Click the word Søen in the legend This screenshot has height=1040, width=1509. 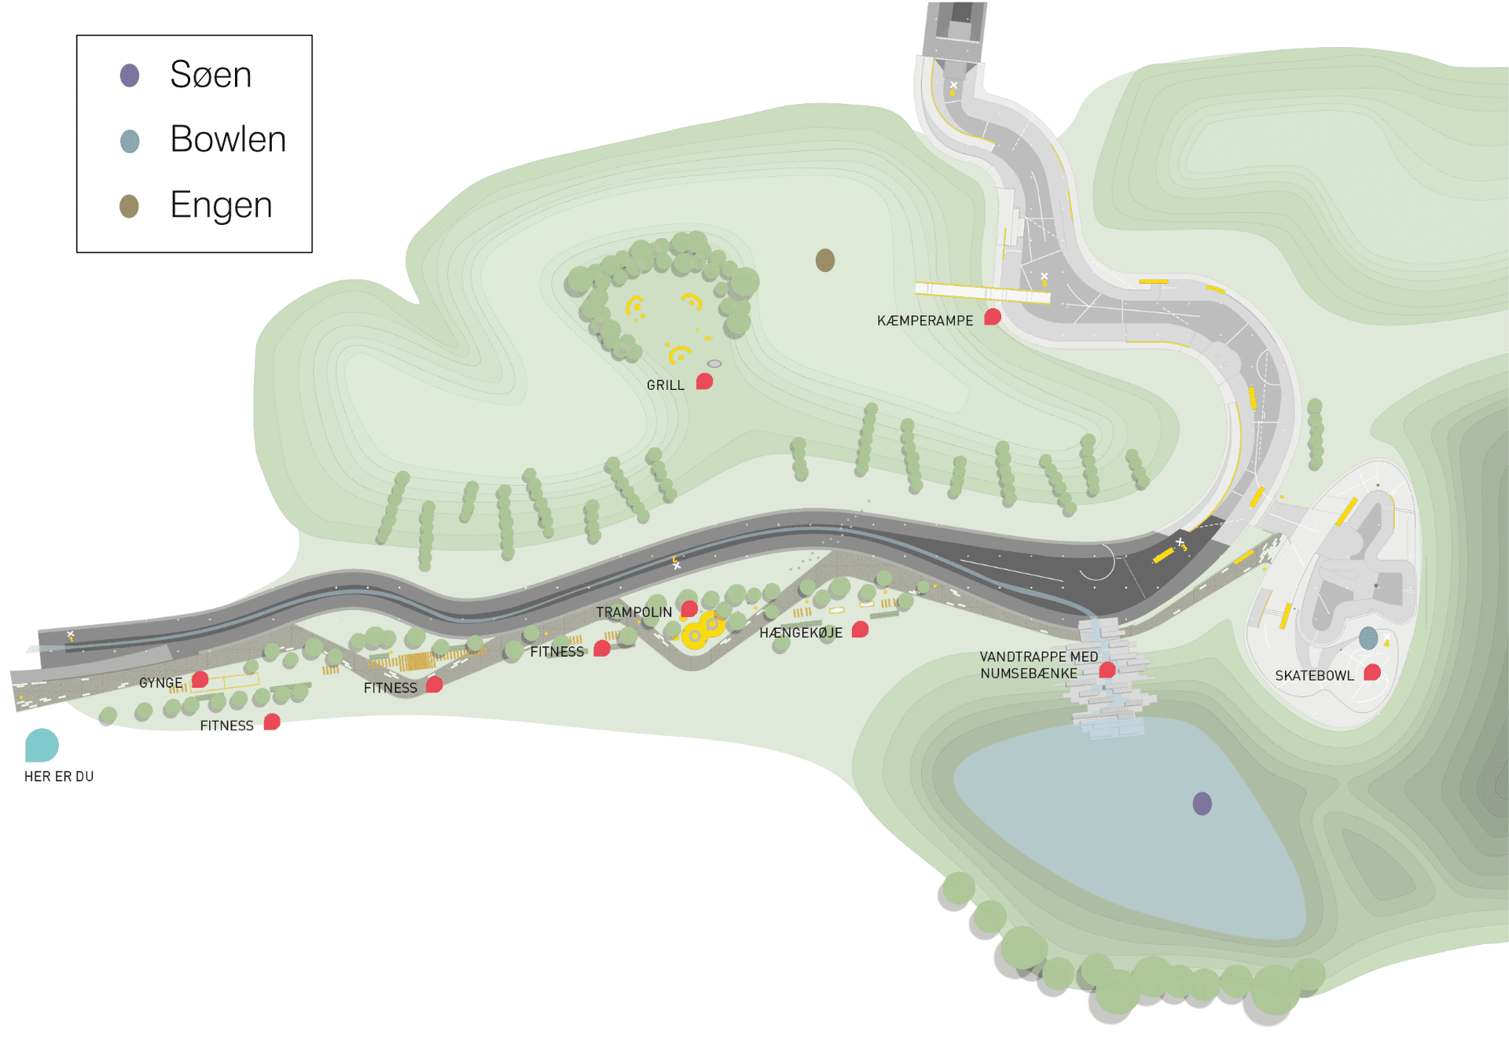211,75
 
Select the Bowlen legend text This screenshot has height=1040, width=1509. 228,139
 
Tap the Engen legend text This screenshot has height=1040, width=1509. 221,205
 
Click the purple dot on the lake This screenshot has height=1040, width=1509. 1202,803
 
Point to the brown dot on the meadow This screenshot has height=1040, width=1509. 824,260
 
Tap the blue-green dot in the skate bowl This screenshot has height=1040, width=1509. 1368,638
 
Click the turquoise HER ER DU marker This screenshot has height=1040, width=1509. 42,745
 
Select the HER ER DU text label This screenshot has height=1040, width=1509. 59,777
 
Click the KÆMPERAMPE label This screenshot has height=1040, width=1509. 925,321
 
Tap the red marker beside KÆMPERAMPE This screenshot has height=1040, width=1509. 993,317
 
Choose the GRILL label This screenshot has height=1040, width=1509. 666,385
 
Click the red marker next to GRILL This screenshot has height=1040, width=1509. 705,381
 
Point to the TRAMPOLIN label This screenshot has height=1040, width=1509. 634,612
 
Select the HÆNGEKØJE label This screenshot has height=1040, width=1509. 801,633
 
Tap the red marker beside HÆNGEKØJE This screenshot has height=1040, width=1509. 861,629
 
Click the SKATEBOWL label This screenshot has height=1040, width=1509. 1315,676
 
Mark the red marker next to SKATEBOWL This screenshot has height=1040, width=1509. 1372,672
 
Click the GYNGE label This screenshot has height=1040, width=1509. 161,683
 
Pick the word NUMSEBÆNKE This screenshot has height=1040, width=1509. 1029,674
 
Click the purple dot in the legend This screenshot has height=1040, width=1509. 130,75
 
